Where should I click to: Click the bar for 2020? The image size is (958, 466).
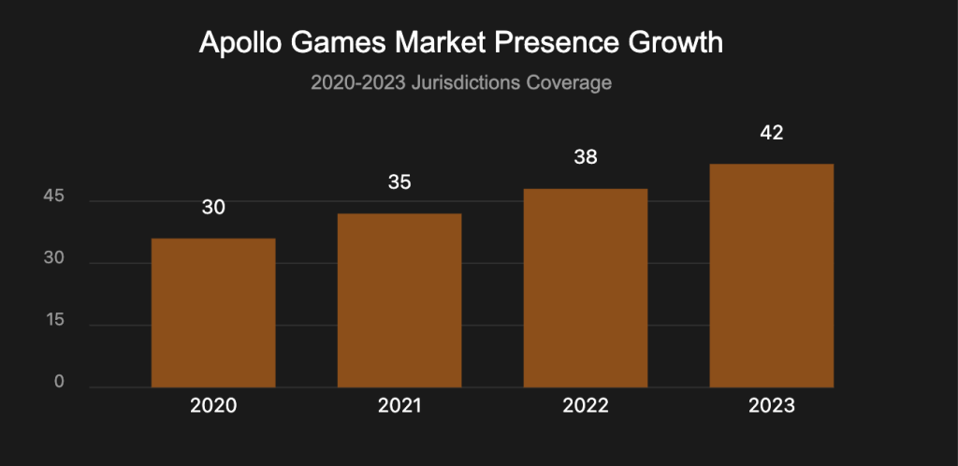(213, 313)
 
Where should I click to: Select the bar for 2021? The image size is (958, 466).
(399, 300)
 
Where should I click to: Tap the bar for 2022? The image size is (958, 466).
(586, 288)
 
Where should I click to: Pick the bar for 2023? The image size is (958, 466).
(772, 275)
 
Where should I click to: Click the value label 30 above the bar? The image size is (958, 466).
(213, 207)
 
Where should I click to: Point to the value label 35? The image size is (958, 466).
(399, 182)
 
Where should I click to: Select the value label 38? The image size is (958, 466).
(586, 157)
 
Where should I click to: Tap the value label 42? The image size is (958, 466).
(772, 132)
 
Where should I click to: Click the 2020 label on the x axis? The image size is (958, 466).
(213, 406)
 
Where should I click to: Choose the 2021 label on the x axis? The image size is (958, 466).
(399, 406)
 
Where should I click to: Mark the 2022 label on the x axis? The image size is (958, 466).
(586, 406)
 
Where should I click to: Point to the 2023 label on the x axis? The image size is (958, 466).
(772, 406)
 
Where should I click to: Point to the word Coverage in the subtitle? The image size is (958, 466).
(573, 83)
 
